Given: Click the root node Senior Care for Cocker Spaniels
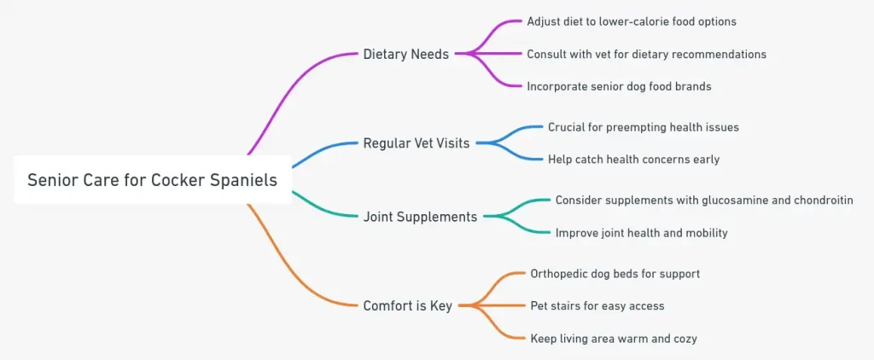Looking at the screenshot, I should coord(152,180).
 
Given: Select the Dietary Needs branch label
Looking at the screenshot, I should coord(405,55).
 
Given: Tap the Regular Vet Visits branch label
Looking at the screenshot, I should coord(416,143).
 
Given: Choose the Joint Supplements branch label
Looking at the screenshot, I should coord(420,217).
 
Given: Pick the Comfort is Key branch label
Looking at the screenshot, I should coord(407,305).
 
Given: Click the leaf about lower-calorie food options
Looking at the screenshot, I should coord(632,21).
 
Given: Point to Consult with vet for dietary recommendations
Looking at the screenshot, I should coord(646,54).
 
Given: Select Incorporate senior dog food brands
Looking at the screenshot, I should coord(619,86).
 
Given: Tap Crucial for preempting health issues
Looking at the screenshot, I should coord(644,127).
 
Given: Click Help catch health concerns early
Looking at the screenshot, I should coord(633,160).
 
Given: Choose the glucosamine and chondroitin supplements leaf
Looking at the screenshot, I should coord(704,200).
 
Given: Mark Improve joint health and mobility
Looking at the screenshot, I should coord(641,232).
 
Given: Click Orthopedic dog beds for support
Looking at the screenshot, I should coord(615,274).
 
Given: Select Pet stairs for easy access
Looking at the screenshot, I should coord(597,305).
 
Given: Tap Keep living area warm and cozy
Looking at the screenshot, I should coord(613,339).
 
